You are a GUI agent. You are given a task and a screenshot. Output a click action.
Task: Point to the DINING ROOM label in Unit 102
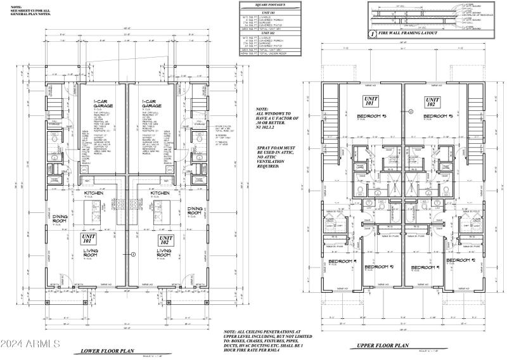195,210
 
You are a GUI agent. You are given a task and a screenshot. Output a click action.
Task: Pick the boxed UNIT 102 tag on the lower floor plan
164,241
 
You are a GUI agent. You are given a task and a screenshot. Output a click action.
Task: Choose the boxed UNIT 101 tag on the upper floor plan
370,102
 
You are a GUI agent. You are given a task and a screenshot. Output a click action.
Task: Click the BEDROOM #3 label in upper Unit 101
355,117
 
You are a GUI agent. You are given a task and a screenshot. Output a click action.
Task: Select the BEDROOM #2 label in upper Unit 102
461,260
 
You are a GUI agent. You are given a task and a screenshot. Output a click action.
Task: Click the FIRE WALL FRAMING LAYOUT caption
412,33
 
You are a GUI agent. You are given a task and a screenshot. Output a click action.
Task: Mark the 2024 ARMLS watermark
30,345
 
